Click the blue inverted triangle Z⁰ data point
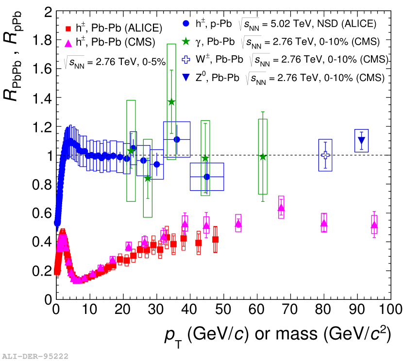[x=361, y=141]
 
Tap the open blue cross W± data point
[x=325, y=155]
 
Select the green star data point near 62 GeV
[x=263, y=157]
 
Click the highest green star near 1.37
[x=171, y=102]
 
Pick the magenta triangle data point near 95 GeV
[x=374, y=225]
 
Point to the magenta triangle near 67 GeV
[x=281, y=208]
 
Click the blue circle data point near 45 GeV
[x=207, y=177]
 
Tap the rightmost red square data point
[x=215, y=240]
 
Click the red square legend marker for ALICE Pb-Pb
[x=67, y=28]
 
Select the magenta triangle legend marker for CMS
[x=67, y=43]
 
